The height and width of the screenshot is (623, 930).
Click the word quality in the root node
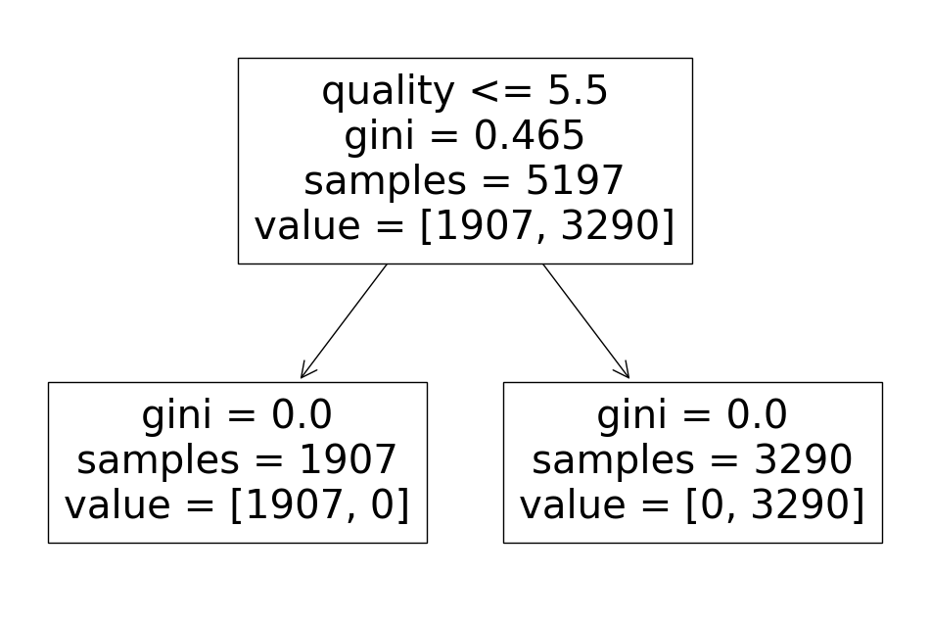coord(388,92)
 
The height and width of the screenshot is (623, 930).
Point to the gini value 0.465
coord(530,137)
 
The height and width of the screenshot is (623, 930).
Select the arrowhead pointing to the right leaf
coord(624,372)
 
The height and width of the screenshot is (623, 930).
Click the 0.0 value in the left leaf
coord(302,416)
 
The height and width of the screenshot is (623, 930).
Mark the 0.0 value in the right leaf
coord(757,416)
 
